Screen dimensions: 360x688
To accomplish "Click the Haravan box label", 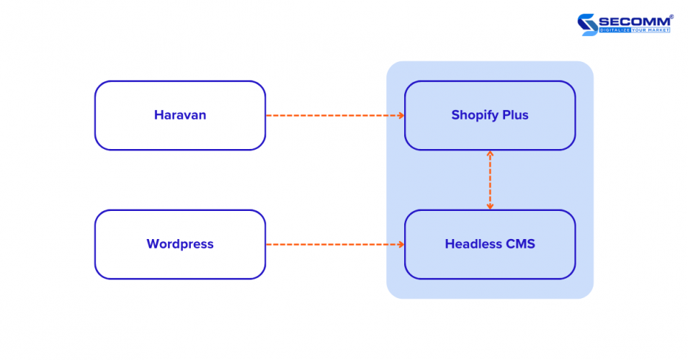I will tap(180, 115).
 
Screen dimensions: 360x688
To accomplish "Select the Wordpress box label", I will tap(180, 244).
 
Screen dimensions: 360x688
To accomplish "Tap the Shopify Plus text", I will tap(490, 115).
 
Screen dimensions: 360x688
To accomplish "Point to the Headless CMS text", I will tap(490, 244).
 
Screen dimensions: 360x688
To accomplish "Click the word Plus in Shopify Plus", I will tap(515, 115).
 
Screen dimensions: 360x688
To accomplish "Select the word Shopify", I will tap(475, 115).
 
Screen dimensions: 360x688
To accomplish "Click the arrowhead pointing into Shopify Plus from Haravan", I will tap(401, 115).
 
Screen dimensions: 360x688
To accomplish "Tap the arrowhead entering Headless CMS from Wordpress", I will tap(401, 244).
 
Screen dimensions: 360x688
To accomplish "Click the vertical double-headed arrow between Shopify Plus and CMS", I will tap(490, 180).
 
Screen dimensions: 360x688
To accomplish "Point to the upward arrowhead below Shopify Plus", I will tap(490, 153).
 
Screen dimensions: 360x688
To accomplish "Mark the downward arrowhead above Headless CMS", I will tap(490, 206).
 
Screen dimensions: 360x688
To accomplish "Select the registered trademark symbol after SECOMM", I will tap(671, 16).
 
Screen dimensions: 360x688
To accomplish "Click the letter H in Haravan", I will tap(158, 115).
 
